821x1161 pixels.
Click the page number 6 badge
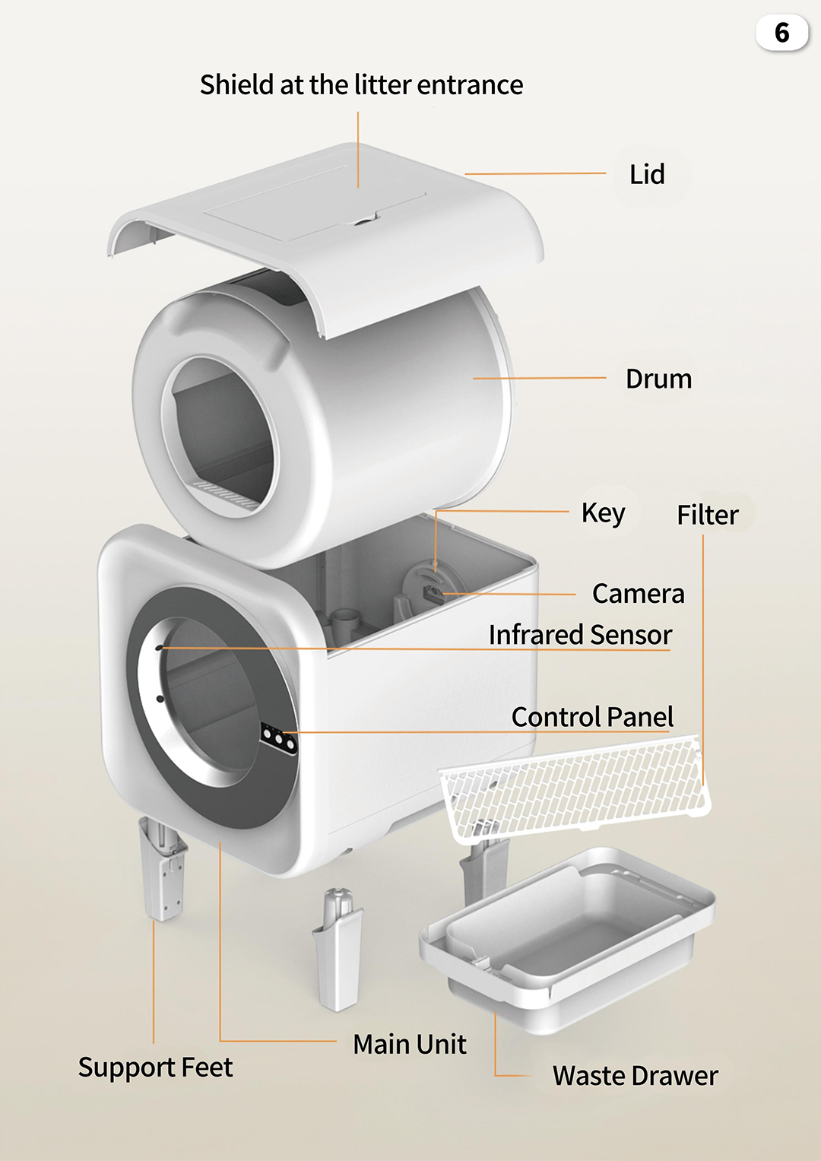point(781,33)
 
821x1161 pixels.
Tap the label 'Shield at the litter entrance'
point(361,85)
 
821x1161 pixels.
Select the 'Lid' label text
point(647,175)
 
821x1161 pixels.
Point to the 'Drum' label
point(658,379)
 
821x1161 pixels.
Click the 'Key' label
point(603,513)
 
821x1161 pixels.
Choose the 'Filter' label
point(707,515)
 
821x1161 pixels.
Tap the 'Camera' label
point(638,594)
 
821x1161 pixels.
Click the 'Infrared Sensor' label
point(580,635)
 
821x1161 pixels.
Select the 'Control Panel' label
point(592,717)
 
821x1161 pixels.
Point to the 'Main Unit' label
point(410,1045)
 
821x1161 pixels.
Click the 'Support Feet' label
point(155,1067)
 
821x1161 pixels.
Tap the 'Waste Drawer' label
point(635,1076)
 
